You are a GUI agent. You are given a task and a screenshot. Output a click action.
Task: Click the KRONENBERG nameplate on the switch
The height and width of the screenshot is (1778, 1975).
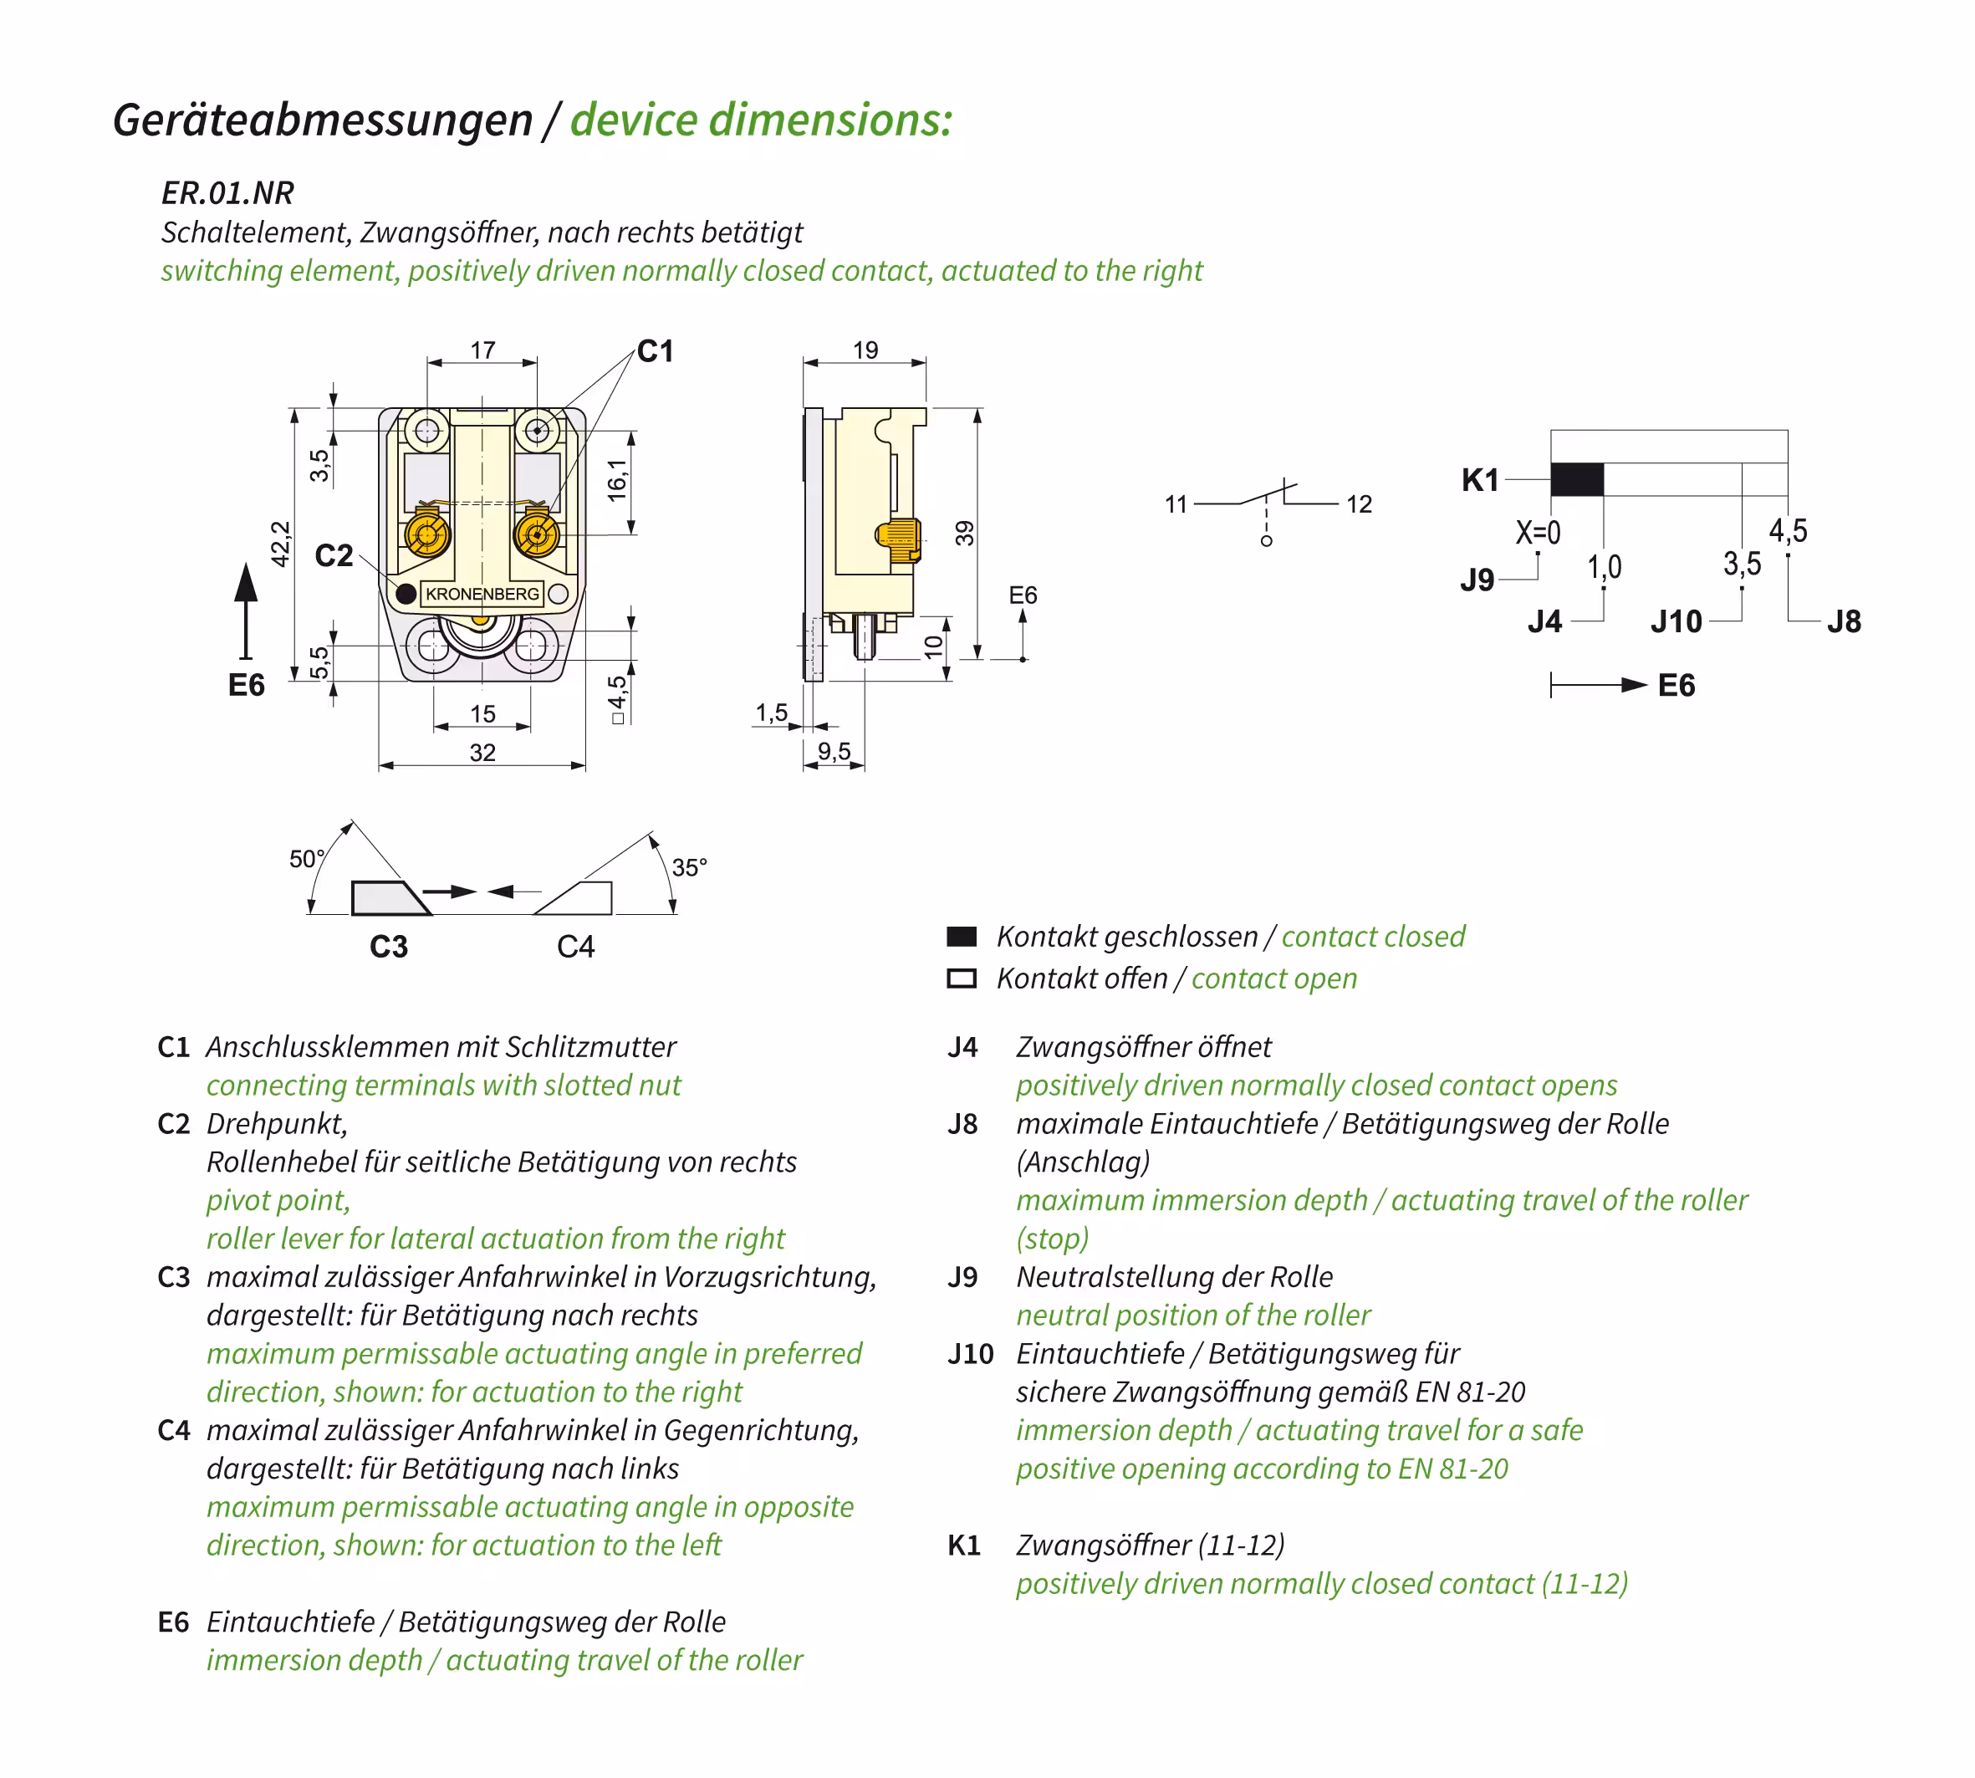point(482,594)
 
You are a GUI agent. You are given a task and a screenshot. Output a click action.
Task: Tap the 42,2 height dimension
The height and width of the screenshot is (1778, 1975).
point(280,544)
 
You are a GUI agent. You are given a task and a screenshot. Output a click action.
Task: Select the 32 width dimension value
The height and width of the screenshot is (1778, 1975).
point(482,752)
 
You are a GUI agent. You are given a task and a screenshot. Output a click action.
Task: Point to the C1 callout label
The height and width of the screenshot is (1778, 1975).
point(656,352)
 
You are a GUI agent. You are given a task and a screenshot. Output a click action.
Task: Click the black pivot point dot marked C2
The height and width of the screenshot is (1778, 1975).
point(406,593)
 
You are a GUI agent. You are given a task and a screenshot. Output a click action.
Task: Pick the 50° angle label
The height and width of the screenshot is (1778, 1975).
point(307,859)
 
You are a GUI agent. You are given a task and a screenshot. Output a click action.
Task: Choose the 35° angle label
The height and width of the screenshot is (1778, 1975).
point(689,867)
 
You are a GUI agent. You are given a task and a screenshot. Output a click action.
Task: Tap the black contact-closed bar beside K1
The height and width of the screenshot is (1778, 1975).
point(1576,480)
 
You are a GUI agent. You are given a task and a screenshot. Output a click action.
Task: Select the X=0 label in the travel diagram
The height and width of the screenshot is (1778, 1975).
point(1538,533)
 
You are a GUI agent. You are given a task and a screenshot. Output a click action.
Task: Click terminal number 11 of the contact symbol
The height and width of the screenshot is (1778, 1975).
point(1175,504)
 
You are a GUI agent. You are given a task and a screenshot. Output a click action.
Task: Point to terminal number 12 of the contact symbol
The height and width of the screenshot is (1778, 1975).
point(1359,504)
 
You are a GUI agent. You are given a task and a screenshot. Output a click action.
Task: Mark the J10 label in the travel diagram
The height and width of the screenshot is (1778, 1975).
point(1676,621)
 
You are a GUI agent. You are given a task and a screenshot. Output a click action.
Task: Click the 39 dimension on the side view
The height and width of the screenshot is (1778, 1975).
point(964,534)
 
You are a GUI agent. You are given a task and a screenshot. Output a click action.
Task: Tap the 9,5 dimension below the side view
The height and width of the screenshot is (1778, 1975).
point(834,751)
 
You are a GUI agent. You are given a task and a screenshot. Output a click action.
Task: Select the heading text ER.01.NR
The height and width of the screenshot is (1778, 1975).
point(227,193)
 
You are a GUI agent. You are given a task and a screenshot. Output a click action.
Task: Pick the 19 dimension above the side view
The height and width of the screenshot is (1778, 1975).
point(865,350)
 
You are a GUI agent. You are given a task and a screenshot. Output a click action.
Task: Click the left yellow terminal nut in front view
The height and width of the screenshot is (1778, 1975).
point(426,534)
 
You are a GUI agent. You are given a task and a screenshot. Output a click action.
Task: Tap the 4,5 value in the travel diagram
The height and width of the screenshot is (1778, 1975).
point(1788,531)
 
